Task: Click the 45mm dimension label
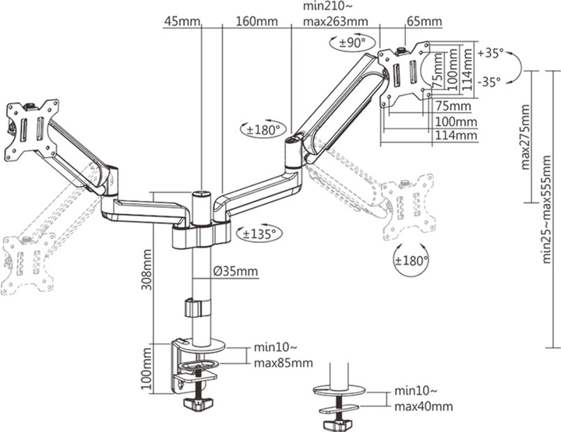(182, 22)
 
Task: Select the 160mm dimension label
(256, 22)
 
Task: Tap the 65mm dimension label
(425, 22)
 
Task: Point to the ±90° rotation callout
(352, 43)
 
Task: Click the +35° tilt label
(491, 53)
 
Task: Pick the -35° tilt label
(489, 82)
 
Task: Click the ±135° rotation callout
(259, 234)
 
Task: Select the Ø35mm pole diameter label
(235, 272)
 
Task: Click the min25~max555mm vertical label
(547, 209)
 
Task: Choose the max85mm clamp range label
(284, 363)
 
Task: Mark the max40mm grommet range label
(424, 406)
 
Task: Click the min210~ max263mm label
(335, 14)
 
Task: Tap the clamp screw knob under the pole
(198, 403)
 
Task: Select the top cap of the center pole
(202, 195)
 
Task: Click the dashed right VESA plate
(408, 207)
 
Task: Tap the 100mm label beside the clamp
(146, 369)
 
